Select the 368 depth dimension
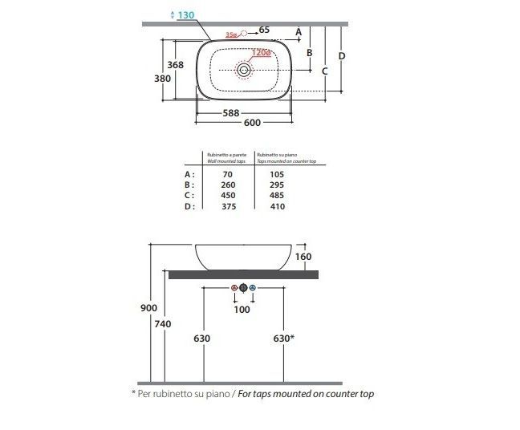(x=176, y=65)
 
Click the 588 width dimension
(x=231, y=113)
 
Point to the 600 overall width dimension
(x=252, y=123)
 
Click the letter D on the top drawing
(x=341, y=55)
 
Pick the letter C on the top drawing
(x=324, y=71)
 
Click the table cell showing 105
(x=278, y=173)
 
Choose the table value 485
(x=278, y=195)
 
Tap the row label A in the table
(x=189, y=173)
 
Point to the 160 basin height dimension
(x=303, y=258)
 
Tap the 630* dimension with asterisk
(x=283, y=339)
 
